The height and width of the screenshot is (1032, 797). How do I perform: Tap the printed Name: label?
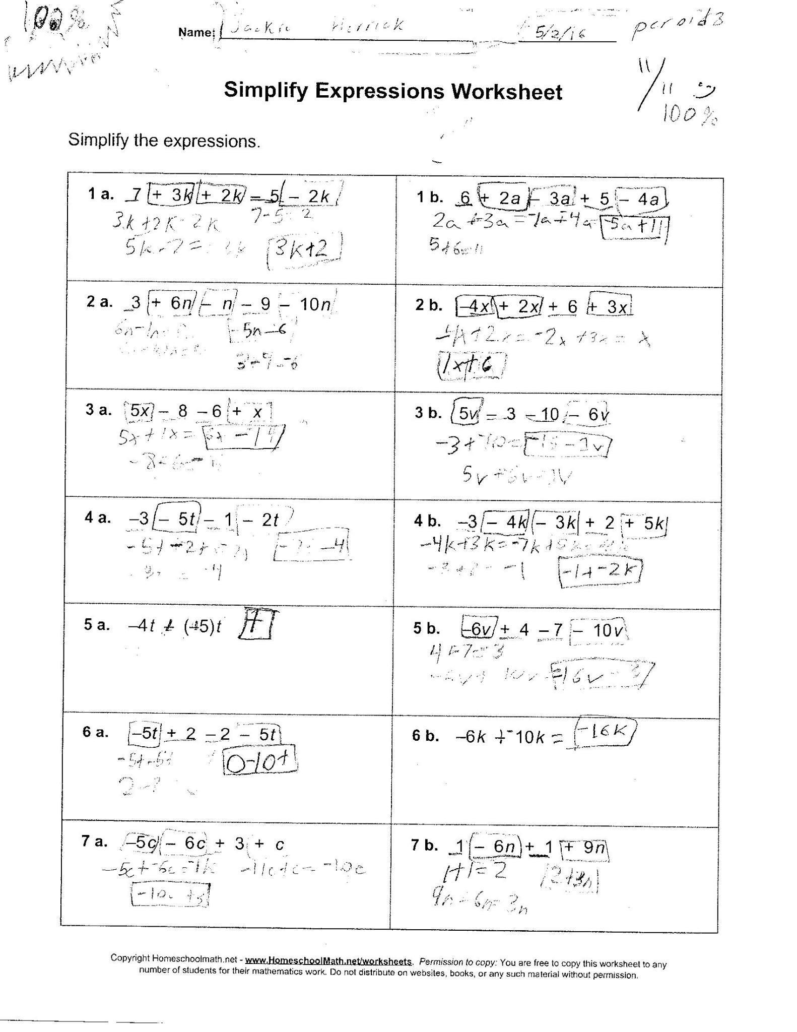coord(196,32)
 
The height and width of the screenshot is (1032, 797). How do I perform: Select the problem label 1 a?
coord(101,194)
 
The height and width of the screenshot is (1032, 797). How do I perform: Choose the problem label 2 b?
coord(429,305)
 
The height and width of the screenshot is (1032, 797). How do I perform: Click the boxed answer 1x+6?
coord(471,366)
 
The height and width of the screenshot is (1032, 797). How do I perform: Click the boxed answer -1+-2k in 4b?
coord(601,571)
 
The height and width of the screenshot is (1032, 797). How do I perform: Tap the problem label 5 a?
coord(97,625)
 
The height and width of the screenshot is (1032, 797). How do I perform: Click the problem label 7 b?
coord(424,845)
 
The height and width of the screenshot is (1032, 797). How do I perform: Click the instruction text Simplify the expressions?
coord(164,141)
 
